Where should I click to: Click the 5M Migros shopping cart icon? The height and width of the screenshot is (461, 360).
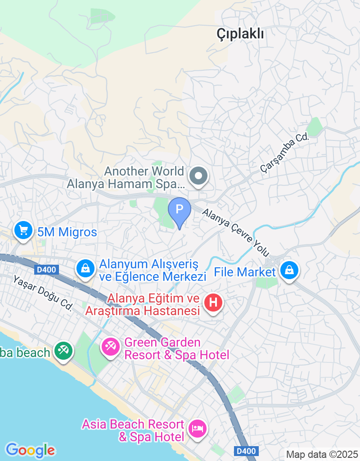click(22, 230)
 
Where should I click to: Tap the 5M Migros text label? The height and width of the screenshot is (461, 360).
click(67, 232)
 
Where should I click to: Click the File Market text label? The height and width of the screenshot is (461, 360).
click(245, 272)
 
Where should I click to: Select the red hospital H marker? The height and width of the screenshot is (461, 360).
click(213, 301)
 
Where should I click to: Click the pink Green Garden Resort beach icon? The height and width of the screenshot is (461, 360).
click(109, 346)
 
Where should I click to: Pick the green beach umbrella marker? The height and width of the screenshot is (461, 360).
click(63, 350)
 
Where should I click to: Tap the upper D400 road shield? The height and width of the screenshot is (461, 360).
click(46, 270)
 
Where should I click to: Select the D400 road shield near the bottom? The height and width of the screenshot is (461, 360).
click(247, 451)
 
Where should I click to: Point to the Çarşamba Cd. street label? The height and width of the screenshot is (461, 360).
click(285, 153)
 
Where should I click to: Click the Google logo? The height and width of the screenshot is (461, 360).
click(30, 450)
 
